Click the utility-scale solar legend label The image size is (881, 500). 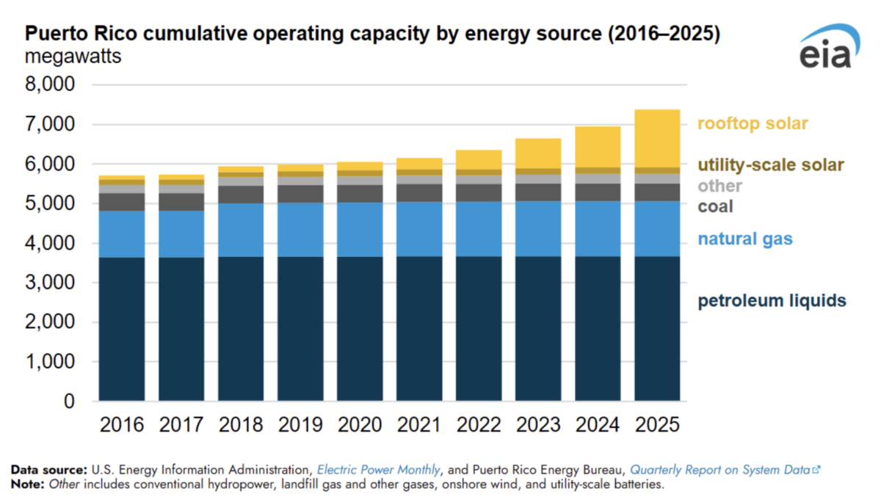[770, 165]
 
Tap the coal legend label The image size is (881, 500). [715, 206]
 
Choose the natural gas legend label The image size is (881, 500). [745, 239]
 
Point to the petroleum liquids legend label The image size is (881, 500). [772, 300]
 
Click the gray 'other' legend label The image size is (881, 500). [719, 186]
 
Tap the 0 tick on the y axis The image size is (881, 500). [68, 402]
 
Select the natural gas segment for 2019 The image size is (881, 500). [300, 230]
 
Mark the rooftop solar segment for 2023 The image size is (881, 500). [538, 153]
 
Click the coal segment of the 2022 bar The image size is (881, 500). [479, 192]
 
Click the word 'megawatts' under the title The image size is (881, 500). [73, 56]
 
